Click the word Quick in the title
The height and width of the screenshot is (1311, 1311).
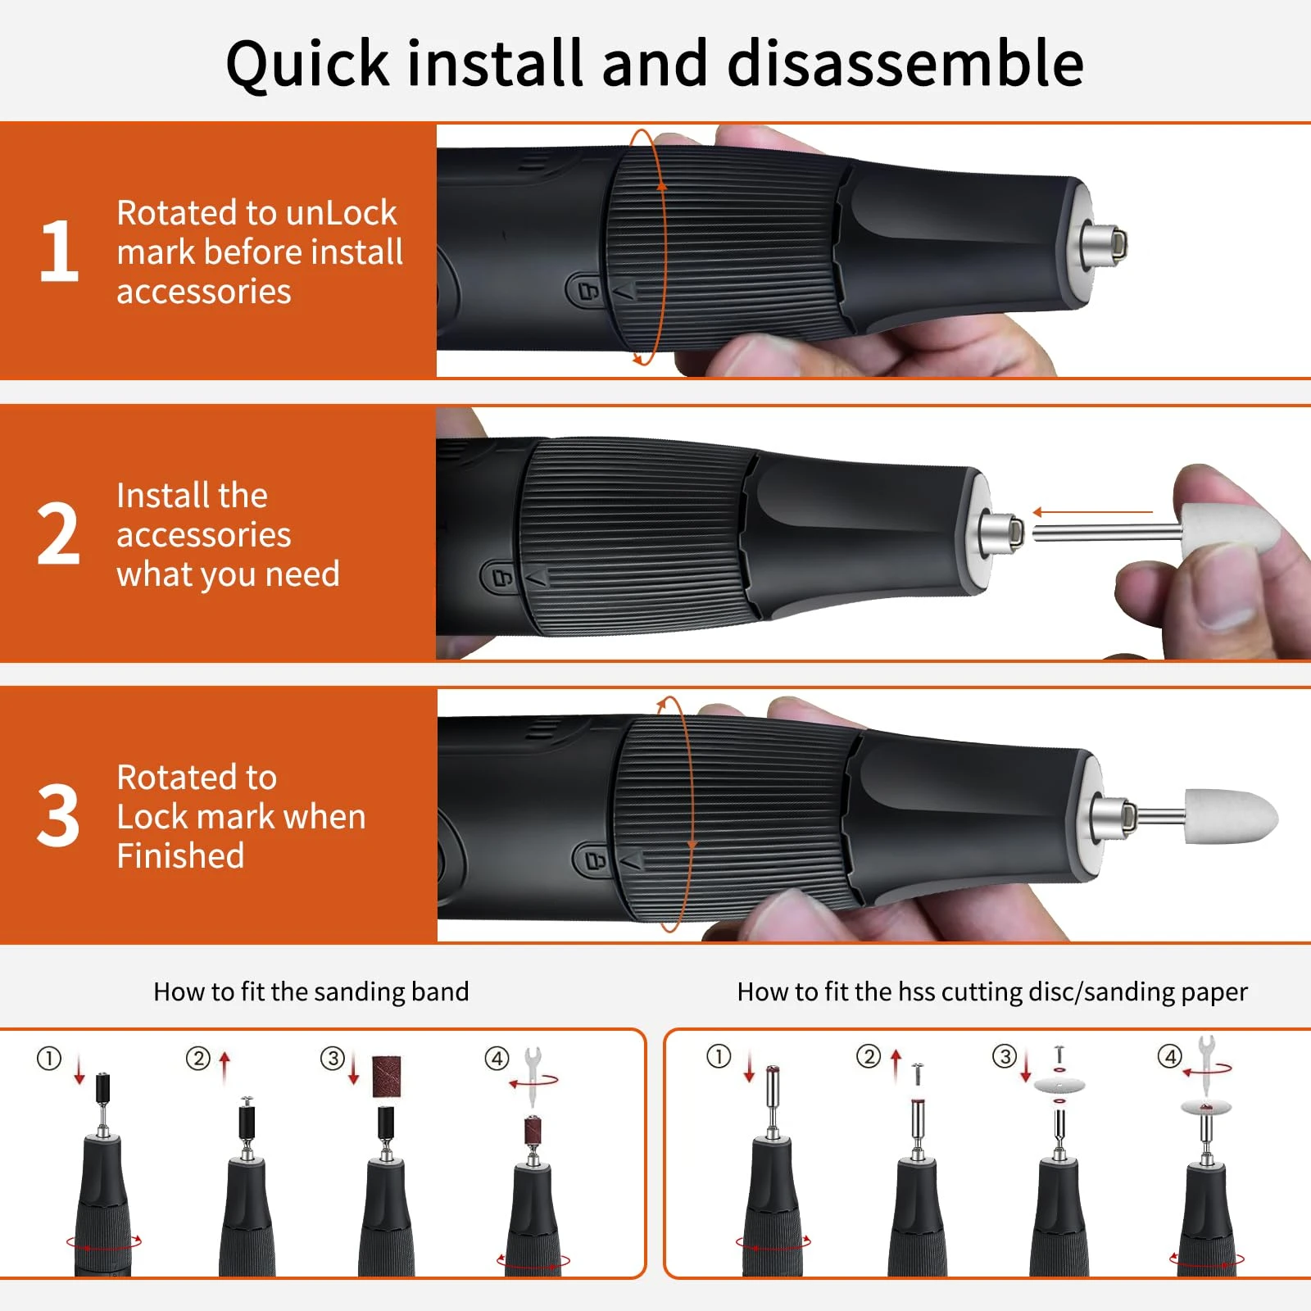[307, 64]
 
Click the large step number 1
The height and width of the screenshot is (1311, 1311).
[59, 251]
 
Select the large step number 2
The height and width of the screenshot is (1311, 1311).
[59, 534]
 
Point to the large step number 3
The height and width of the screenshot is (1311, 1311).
[59, 816]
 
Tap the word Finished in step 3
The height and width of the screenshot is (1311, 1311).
[180, 856]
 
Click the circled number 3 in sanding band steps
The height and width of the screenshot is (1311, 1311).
[332, 1059]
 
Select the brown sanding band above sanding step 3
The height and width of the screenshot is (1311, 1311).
[387, 1076]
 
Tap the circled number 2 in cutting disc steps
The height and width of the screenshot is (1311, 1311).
[868, 1056]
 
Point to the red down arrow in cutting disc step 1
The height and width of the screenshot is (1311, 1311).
[749, 1067]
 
